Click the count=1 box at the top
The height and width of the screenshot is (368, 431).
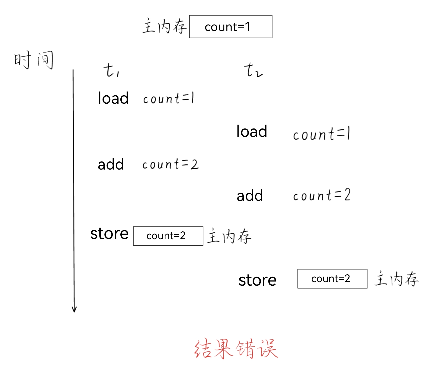point(230,26)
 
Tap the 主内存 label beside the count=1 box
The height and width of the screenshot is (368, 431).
point(164,26)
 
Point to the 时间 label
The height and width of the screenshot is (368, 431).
point(33,60)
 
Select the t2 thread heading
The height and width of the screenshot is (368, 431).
point(253,70)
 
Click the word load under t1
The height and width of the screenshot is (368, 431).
point(113,98)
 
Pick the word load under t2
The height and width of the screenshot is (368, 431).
point(252,131)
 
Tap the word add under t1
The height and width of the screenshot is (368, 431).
point(111,164)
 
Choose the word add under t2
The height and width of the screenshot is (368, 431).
point(250,195)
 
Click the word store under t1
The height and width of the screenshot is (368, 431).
point(109,234)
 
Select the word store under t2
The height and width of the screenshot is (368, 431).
point(257,280)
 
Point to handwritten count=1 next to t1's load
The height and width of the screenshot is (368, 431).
point(168,98)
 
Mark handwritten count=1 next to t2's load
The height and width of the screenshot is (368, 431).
point(321,134)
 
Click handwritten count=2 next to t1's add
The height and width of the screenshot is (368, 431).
point(170,164)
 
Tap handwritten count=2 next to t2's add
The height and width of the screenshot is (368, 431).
point(321,195)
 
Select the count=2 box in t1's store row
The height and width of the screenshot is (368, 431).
point(168,236)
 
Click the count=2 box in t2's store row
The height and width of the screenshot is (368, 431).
point(332,279)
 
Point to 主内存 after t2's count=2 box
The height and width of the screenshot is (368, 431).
point(396,279)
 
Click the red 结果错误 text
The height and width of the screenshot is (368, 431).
point(236,349)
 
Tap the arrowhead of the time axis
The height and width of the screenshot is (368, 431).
point(74,309)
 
